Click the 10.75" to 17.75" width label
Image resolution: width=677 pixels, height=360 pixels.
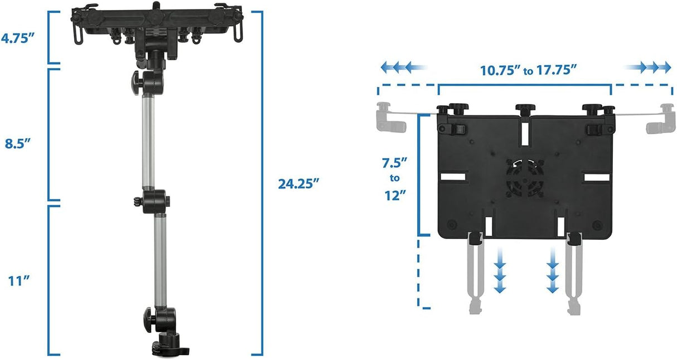(x=528, y=70)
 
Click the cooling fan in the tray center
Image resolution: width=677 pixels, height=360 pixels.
(x=523, y=178)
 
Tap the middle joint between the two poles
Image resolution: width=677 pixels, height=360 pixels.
(x=154, y=199)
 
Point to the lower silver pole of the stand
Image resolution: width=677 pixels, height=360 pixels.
(x=159, y=259)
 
